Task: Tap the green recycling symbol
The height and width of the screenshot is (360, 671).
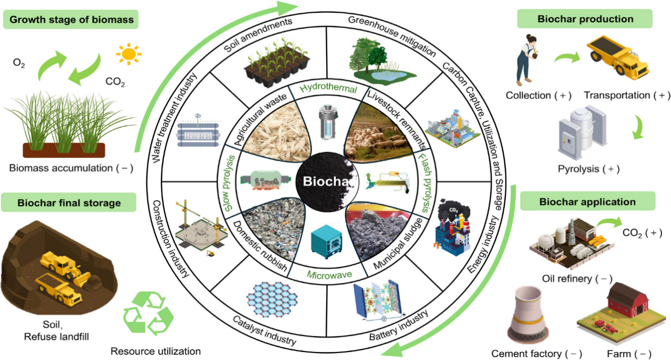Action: click(x=145, y=315)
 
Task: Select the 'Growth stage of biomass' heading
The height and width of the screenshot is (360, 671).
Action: click(x=71, y=20)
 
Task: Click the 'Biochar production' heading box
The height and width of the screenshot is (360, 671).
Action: click(x=585, y=19)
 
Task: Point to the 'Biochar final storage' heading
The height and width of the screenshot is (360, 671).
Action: click(x=69, y=203)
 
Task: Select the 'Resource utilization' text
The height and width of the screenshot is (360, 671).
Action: click(x=156, y=351)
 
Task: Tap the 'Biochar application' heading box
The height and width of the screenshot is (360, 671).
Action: click(x=587, y=202)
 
